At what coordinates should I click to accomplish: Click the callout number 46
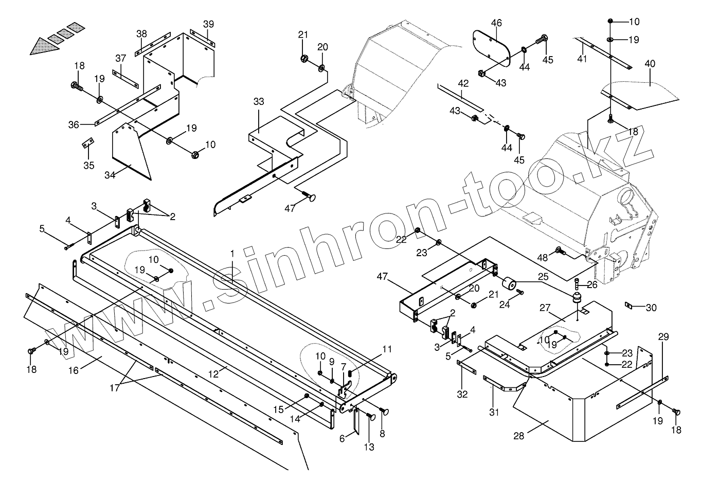[496, 23]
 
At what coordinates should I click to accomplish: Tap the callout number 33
[259, 102]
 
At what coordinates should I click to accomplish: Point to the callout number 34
[110, 175]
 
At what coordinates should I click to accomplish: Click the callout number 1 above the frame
[232, 254]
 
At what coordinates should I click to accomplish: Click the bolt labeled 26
[576, 283]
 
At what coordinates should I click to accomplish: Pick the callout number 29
[663, 337]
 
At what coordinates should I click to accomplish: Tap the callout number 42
[463, 83]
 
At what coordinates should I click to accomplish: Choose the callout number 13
[369, 447]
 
